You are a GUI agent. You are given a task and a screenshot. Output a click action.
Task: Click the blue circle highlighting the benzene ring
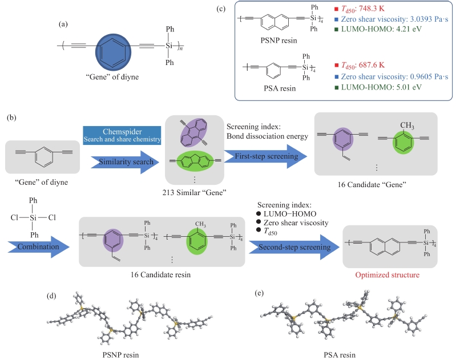[x=113, y=52]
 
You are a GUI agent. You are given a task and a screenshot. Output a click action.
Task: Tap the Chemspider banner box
[x=122, y=135]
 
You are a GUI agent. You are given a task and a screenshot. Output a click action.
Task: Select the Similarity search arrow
[x=125, y=162]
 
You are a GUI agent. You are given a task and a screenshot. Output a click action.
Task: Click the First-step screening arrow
[x=265, y=156]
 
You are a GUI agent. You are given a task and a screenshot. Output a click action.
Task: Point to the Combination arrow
[x=38, y=247]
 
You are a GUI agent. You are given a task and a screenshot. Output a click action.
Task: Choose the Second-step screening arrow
[x=294, y=247]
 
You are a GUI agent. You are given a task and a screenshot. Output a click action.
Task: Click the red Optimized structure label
[x=387, y=275]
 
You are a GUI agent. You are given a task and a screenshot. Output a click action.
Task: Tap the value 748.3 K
[x=372, y=9]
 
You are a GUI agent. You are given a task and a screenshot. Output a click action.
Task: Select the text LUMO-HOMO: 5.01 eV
[x=381, y=87]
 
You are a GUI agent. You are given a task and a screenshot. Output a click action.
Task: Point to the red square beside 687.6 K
[x=337, y=65]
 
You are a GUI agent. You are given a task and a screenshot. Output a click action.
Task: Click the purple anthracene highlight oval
[x=193, y=132]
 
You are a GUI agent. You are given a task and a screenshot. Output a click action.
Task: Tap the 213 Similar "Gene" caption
[x=194, y=192]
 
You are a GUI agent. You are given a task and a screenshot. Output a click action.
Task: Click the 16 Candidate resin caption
[x=160, y=275]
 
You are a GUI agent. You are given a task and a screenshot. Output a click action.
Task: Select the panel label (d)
[x=51, y=296]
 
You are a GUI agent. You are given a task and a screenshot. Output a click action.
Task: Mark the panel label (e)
[x=259, y=293]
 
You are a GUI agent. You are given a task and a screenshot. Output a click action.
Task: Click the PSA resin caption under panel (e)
[x=340, y=355]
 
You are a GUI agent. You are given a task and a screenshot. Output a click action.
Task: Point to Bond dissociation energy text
[x=267, y=136]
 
